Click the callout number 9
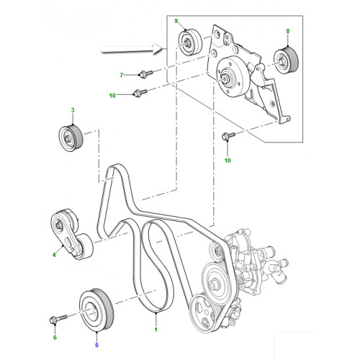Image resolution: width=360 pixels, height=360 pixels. tap(176, 21)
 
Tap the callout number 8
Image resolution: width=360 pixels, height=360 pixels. tap(288, 31)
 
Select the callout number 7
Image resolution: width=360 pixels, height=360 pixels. tap(122, 76)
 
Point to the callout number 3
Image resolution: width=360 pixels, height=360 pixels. tap(73, 110)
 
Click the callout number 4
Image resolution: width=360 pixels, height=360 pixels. tap(54, 255)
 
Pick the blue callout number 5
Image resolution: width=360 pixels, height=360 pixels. tap(96, 345)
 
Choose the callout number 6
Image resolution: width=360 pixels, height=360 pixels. tap(55, 338)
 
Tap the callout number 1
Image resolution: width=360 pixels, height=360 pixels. tap(156, 330)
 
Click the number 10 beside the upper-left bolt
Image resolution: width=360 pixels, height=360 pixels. tap(112, 96)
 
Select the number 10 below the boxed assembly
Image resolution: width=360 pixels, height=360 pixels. tap(228, 161)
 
